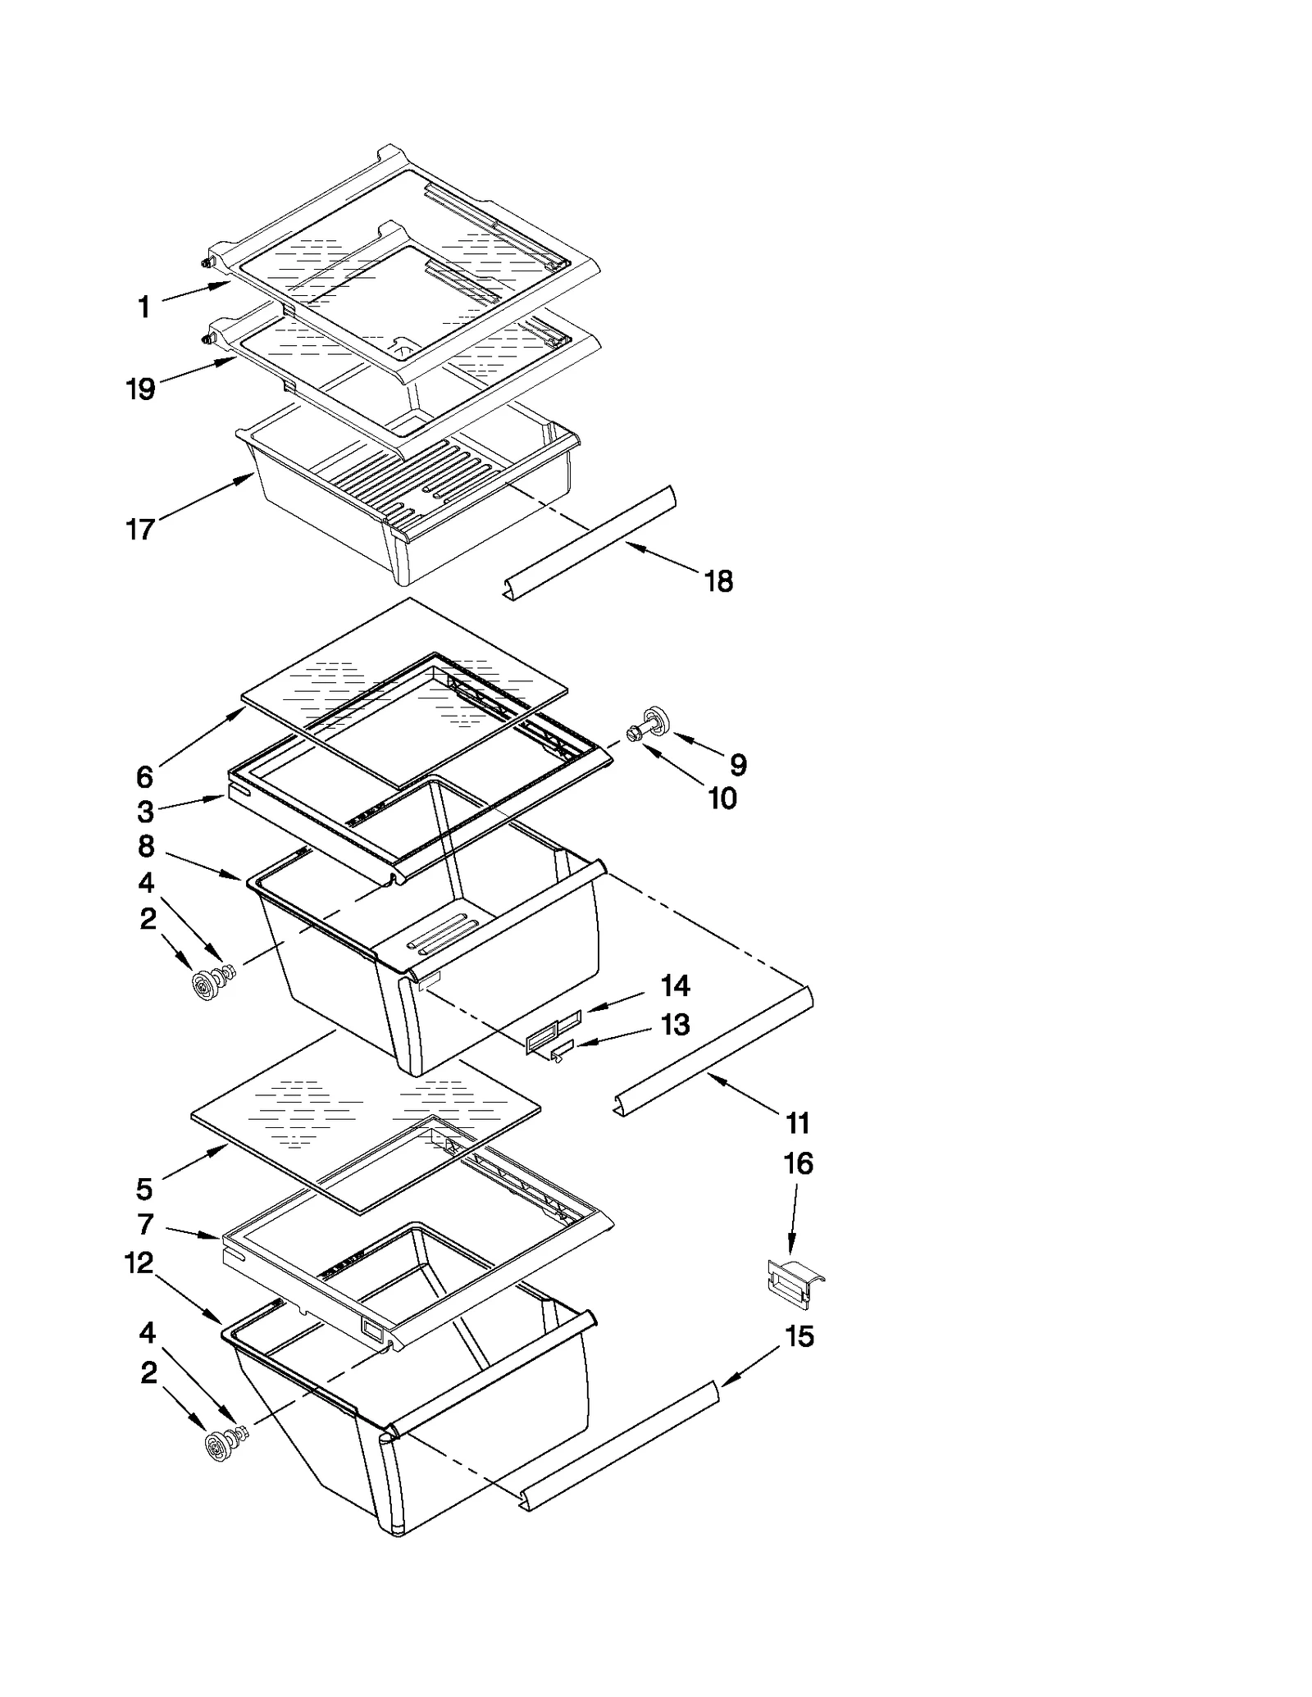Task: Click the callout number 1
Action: [144, 307]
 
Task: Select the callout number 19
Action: [140, 389]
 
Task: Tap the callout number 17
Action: [140, 529]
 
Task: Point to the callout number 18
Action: [718, 581]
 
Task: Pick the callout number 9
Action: [738, 765]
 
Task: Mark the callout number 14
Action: [675, 985]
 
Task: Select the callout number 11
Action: [798, 1122]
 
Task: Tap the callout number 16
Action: [799, 1163]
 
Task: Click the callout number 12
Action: [139, 1263]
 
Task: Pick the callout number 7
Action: [145, 1225]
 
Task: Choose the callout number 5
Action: [144, 1188]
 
